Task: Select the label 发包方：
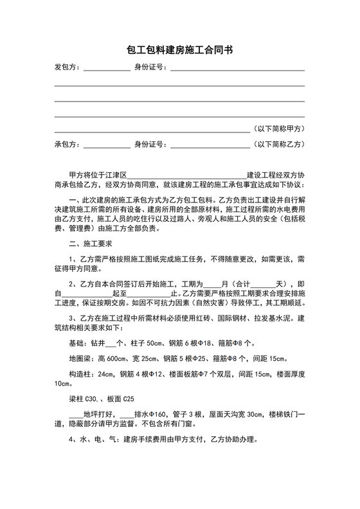coord(66,67)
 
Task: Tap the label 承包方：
coord(66,144)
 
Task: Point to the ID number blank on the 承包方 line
coord(208,146)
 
